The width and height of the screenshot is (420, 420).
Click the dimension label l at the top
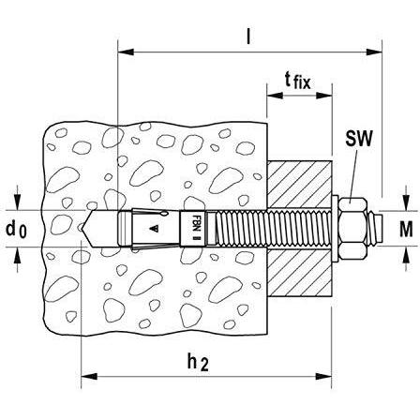pyautogui.click(x=248, y=37)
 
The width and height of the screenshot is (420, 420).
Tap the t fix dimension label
pyautogui.click(x=298, y=82)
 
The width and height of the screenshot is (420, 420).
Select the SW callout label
pyautogui.click(x=359, y=138)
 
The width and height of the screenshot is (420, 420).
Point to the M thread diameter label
pyautogui.click(x=406, y=229)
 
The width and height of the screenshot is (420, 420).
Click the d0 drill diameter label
pyautogui.click(x=16, y=230)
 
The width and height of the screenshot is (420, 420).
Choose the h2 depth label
pyautogui.click(x=198, y=363)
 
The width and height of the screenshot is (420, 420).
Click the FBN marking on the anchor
pyautogui.click(x=197, y=223)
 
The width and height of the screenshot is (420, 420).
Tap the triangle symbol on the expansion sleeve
pyautogui.click(x=154, y=229)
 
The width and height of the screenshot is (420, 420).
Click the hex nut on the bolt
pyautogui.click(x=352, y=229)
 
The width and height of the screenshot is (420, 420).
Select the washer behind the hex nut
pyautogui.click(x=335, y=229)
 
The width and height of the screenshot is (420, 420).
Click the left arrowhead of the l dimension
pyautogui.click(x=126, y=52)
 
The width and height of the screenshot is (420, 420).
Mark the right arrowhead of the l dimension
pyautogui.click(x=374, y=52)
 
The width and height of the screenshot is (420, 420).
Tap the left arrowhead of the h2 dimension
pyautogui.click(x=89, y=376)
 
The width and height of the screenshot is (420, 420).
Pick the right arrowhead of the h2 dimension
pyautogui.click(x=323, y=376)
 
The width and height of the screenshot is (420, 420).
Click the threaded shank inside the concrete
pyautogui.click(x=241, y=229)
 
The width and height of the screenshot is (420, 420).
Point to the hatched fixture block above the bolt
pyautogui.click(x=299, y=185)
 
